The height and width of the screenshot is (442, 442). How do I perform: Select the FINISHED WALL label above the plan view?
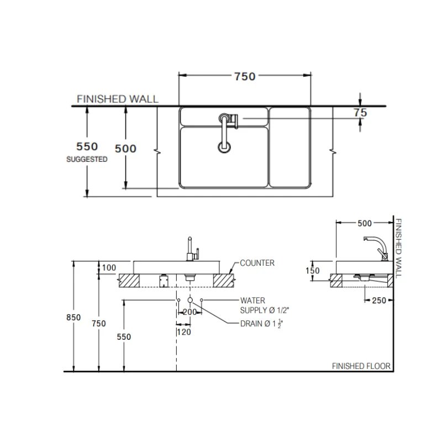tap(117, 99)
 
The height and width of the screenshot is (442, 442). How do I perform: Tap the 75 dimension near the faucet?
tap(360, 112)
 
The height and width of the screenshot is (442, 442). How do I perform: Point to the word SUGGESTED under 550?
tap(87, 159)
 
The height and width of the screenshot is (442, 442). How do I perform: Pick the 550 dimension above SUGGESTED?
tap(86, 146)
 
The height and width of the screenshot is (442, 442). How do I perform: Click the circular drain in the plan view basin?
tap(224, 146)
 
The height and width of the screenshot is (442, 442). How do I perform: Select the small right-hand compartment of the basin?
tap(288, 147)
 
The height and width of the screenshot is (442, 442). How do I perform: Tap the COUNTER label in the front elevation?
tap(257, 263)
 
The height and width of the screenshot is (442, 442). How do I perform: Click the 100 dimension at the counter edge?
tap(109, 268)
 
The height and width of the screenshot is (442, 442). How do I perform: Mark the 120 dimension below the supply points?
tap(183, 332)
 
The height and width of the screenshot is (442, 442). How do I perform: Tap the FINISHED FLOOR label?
tap(361, 366)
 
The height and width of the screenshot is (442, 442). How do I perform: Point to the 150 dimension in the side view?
tap(313, 271)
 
